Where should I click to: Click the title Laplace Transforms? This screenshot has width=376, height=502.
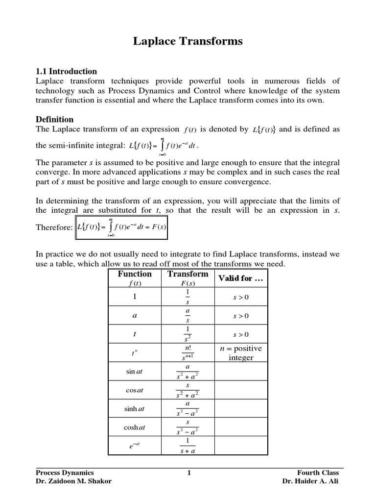pyautogui.click(x=188, y=41)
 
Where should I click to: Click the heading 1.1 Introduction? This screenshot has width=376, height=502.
pyautogui.click(x=67, y=71)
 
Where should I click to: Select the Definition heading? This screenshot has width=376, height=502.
pyautogui.click(x=55, y=119)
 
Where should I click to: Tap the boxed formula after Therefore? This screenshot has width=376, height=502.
pyautogui.click(x=121, y=227)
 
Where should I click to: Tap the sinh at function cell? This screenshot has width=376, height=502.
pyautogui.click(x=135, y=407)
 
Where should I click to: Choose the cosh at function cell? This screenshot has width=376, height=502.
pyautogui.click(x=135, y=427)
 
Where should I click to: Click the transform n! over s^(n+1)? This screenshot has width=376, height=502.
pyautogui.click(x=188, y=353)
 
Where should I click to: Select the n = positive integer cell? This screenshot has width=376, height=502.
pyautogui.click(x=241, y=353)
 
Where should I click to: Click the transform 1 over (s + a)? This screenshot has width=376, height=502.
pyautogui.click(x=188, y=446)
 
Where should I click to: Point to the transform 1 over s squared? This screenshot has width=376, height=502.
pyautogui.click(x=188, y=334)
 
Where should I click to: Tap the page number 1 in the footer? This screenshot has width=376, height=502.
pyautogui.click(x=188, y=473)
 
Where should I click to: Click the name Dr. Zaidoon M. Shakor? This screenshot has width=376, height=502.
pyautogui.click(x=74, y=481)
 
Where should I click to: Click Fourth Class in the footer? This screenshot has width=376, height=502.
pyautogui.click(x=318, y=473)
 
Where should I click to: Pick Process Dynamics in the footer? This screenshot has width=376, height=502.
pyautogui.click(x=65, y=473)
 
